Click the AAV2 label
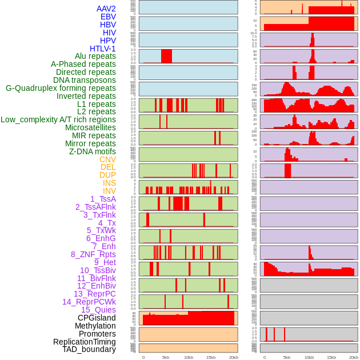coord(106,9)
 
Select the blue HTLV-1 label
coord(103,49)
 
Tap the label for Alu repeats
coord(95,56)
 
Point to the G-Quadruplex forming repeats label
coord(61,88)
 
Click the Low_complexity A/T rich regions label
coord(58,119)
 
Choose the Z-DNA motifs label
coord(93,151)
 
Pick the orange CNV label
coord(107,159)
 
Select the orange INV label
coord(109,191)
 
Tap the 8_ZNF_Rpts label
coord(93,254)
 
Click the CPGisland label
coord(97,318)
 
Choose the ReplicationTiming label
coord(85,342)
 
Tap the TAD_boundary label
coord(89,349)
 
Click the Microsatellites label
coord(90,127)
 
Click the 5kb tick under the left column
coord(166,357)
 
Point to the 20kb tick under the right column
coord(354,357)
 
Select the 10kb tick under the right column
coord(309,357)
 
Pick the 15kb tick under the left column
coord(211,357)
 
